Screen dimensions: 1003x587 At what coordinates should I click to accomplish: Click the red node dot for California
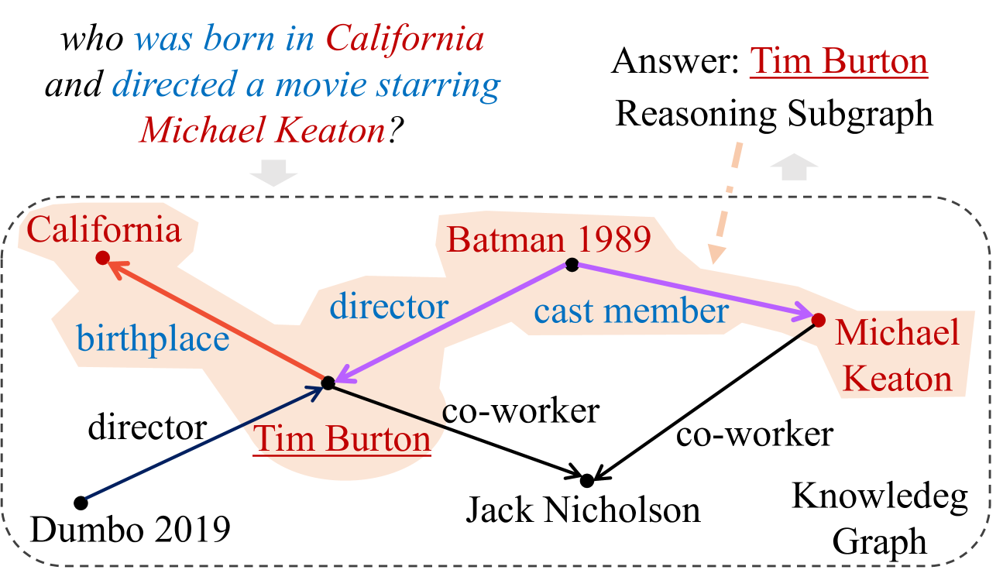click(103, 258)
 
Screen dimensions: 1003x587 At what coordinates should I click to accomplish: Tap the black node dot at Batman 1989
click(572, 265)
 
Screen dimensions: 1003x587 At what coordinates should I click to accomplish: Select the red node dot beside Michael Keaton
click(819, 320)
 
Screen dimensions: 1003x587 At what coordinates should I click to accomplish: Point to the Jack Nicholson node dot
click(587, 480)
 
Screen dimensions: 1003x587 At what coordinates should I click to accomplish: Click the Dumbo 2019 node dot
click(81, 503)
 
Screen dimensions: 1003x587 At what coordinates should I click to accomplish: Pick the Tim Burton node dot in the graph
click(328, 383)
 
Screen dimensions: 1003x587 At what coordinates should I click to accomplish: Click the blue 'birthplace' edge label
click(153, 338)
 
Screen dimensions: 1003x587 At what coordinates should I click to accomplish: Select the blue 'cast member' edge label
click(631, 311)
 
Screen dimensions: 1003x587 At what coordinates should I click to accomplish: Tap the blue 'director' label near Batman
click(389, 306)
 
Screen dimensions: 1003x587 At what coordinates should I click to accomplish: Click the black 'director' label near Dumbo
click(147, 427)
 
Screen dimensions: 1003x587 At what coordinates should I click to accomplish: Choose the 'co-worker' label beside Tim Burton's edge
click(520, 410)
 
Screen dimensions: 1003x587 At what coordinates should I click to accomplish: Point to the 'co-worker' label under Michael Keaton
click(755, 434)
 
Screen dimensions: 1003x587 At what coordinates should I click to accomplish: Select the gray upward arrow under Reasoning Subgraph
click(794, 167)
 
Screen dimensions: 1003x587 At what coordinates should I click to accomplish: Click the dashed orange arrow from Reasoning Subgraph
click(726, 202)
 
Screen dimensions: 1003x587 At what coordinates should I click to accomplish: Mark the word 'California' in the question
click(405, 39)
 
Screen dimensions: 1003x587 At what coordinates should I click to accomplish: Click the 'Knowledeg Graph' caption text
click(879, 519)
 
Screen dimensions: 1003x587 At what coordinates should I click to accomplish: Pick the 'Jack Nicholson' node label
click(583, 510)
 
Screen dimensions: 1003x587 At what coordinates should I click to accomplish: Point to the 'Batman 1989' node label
click(548, 239)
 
